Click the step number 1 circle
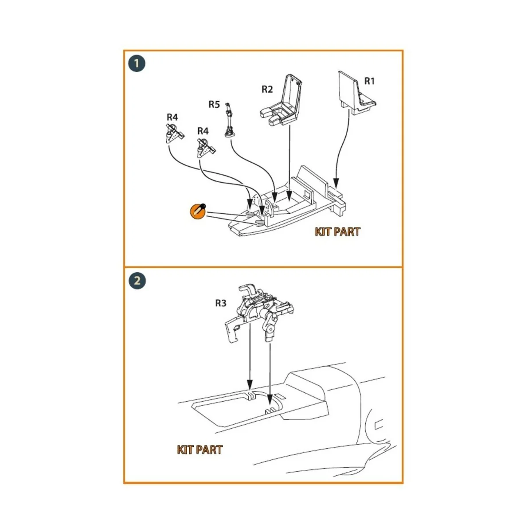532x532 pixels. [137, 64]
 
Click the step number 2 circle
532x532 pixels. [137, 281]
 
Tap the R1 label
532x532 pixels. [369, 81]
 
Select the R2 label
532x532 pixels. [267, 89]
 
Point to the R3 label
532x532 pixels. [221, 303]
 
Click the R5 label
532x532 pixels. [214, 104]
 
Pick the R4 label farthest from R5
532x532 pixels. [172, 117]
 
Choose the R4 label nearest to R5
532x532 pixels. [203, 131]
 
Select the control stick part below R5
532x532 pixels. [229, 121]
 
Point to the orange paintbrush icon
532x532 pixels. [198, 211]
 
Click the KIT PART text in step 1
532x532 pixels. [337, 231]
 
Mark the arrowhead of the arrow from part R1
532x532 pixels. [336, 183]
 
